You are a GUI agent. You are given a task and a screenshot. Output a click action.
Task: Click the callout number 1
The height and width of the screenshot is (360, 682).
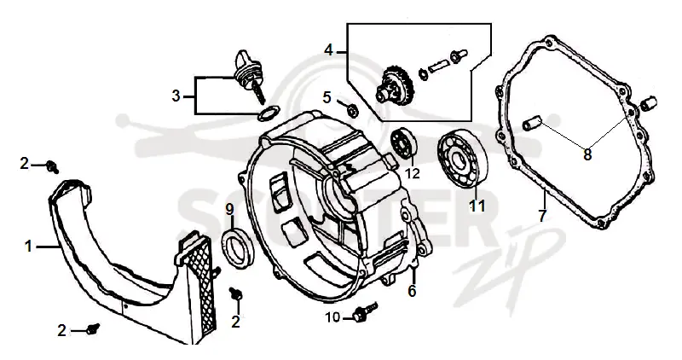coord(28,247)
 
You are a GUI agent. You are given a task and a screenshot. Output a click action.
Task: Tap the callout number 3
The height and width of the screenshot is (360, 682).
coord(176,96)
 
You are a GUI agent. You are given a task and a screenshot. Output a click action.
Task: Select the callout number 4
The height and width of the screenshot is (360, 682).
coord(329,50)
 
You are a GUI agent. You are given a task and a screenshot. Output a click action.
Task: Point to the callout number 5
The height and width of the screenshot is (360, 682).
coord(327,97)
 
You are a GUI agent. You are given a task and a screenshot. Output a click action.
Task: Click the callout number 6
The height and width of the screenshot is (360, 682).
coord(412,290)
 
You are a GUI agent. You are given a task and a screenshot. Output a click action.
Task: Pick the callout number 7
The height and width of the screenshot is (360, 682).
coord(542,216)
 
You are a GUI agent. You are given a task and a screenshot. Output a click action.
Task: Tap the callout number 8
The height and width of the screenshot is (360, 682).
coord(587,154)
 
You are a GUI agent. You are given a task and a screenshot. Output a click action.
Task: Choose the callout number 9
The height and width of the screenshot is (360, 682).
coord(229,210)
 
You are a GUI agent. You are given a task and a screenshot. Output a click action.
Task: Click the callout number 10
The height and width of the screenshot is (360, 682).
coord(332,318)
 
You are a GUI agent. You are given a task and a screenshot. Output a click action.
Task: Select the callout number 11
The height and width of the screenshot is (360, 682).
coord(477,205)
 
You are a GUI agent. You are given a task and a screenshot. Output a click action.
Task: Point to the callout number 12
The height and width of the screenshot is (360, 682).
coord(413,173)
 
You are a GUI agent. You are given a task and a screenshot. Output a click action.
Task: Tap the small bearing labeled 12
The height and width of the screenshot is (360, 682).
coord(404,142)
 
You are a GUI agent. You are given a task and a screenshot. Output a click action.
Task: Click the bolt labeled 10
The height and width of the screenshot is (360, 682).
coord(366,311)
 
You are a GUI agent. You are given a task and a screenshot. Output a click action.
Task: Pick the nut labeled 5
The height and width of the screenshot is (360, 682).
coord(353,112)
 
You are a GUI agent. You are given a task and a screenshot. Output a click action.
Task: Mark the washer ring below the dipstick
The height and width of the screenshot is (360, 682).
coord(268,113)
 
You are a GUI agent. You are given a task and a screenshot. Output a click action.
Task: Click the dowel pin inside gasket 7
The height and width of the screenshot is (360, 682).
coord(531,122)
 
